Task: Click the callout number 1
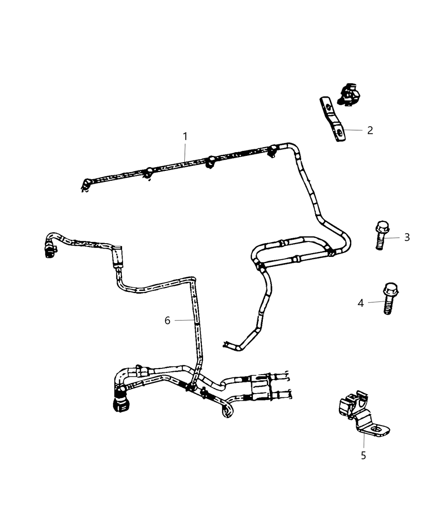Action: pyautogui.click(x=185, y=136)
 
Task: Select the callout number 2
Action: pyautogui.click(x=370, y=130)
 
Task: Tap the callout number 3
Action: pyautogui.click(x=407, y=237)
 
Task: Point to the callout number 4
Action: pyautogui.click(x=360, y=303)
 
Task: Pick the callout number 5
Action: pyautogui.click(x=363, y=456)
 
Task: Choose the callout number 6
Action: pyautogui.click(x=167, y=320)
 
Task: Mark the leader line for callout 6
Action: pyautogui.click(x=184, y=320)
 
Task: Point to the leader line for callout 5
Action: pyautogui.click(x=364, y=441)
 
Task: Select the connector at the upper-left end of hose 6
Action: pyautogui.click(x=50, y=251)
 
